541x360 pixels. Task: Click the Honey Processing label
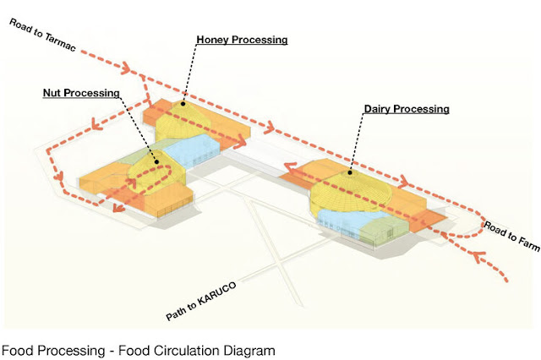(242, 40)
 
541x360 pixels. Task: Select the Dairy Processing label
(406, 109)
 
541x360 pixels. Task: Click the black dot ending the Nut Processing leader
(156, 159)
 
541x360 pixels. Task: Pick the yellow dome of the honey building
(186, 118)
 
